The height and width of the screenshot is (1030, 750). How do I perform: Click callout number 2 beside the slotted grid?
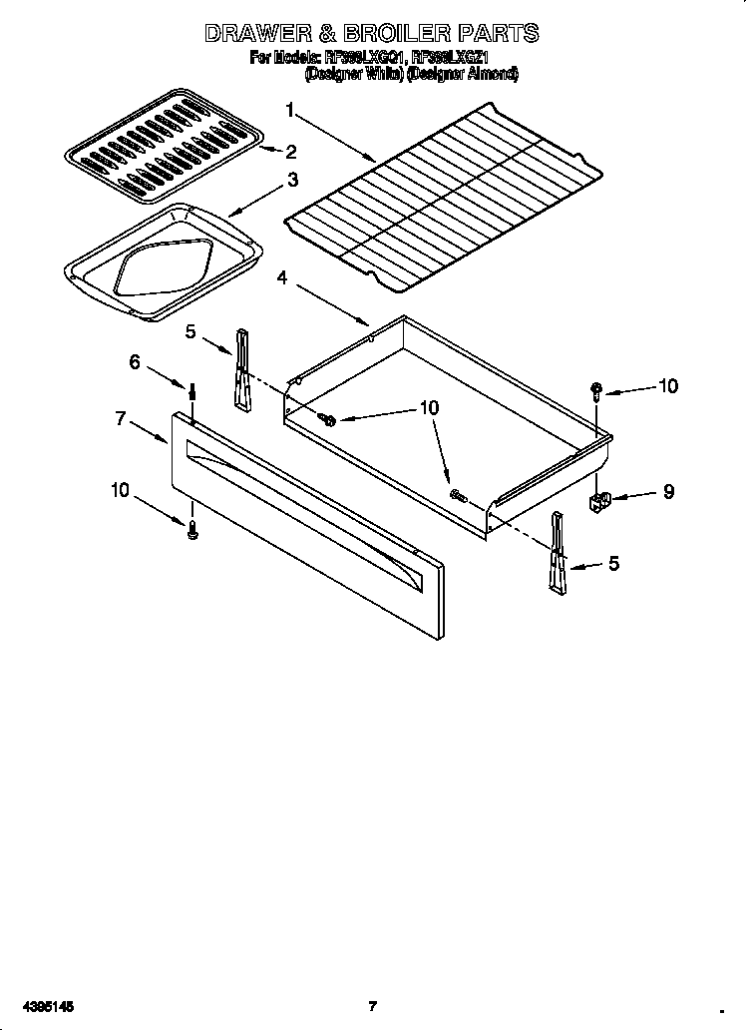[x=290, y=152]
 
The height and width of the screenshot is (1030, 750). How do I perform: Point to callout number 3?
[x=292, y=181]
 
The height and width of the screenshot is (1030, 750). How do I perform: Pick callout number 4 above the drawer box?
[x=282, y=278]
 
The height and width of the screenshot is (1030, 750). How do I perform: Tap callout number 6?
[x=135, y=362]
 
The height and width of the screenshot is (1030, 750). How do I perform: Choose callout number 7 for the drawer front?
[x=120, y=419]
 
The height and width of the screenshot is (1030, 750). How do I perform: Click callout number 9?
[x=668, y=491]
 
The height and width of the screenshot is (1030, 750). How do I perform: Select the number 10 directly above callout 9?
[x=667, y=386]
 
